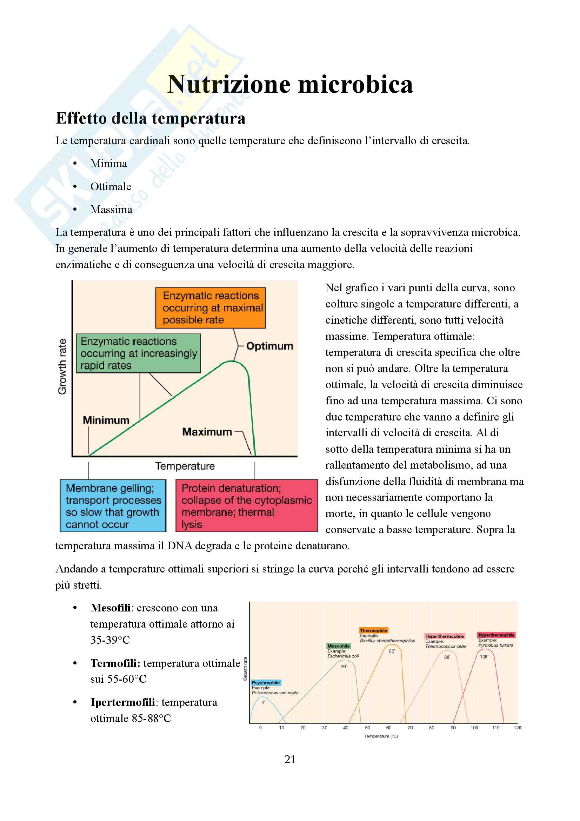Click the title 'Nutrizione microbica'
[290, 84]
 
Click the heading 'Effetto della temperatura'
[151, 118]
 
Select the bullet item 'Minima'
[109, 164]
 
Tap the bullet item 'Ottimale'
[111, 187]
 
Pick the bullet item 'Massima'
[111, 210]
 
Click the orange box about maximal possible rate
[211, 307]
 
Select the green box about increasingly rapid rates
[138, 353]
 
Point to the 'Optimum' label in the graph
[269, 346]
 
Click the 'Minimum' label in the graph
[106, 420]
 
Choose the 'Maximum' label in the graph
[207, 432]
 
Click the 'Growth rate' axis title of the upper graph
[62, 366]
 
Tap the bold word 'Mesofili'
[111, 608]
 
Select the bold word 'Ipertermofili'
[122, 702]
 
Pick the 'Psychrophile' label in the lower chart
[266, 683]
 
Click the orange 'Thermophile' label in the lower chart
[373, 630]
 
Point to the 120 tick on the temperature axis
[517, 728]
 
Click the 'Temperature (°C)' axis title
[381, 736]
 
